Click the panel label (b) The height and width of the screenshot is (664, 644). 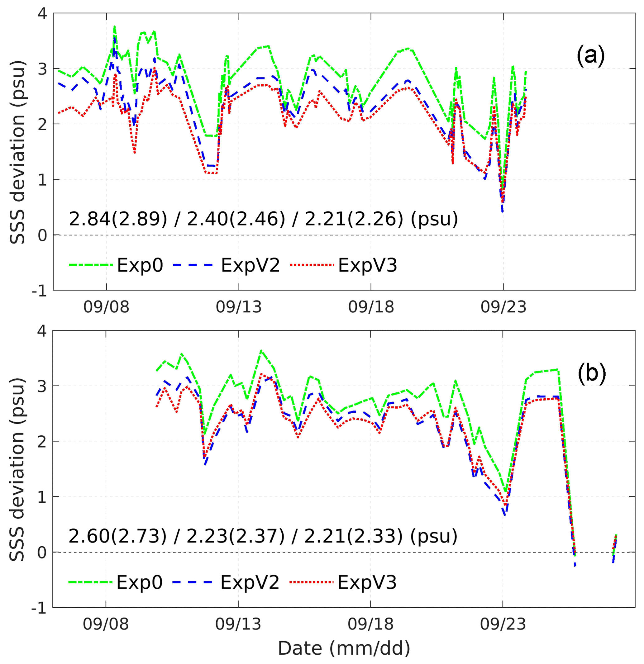coord(591,373)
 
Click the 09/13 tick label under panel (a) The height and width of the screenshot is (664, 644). coord(239,307)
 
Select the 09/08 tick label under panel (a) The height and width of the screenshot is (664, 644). coord(107,307)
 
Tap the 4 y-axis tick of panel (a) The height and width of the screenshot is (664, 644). coord(43,14)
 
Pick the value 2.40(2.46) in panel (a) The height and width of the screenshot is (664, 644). coord(236,219)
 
